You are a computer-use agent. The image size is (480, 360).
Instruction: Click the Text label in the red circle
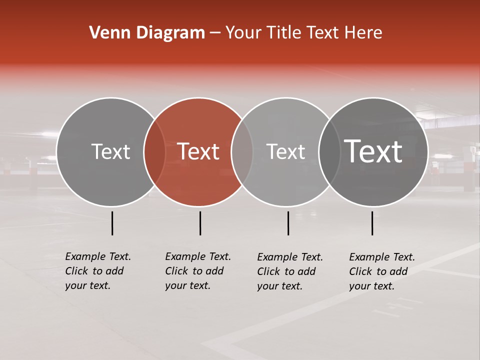[198, 151]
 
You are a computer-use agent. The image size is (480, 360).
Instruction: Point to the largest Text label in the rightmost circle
[373, 151]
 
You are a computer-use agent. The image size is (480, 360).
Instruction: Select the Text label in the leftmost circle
[110, 151]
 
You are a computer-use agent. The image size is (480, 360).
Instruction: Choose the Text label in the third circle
[285, 151]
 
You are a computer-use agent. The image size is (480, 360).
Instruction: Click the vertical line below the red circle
[200, 223]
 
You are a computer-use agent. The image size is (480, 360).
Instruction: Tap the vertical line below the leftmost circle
[112, 223]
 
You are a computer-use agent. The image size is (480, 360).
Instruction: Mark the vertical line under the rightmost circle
[372, 223]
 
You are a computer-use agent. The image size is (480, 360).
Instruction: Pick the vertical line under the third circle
[288, 223]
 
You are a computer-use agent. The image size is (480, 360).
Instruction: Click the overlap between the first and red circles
[154, 151]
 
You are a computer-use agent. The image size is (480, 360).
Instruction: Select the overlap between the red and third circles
[242, 151]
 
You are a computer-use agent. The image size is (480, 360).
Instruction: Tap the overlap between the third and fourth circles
[329, 151]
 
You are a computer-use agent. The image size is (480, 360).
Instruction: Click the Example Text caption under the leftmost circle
[98, 271]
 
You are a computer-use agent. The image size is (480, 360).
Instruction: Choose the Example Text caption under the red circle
[198, 271]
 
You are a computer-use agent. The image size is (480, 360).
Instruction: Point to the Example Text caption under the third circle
[290, 271]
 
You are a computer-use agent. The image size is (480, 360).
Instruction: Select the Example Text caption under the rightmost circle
[382, 271]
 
